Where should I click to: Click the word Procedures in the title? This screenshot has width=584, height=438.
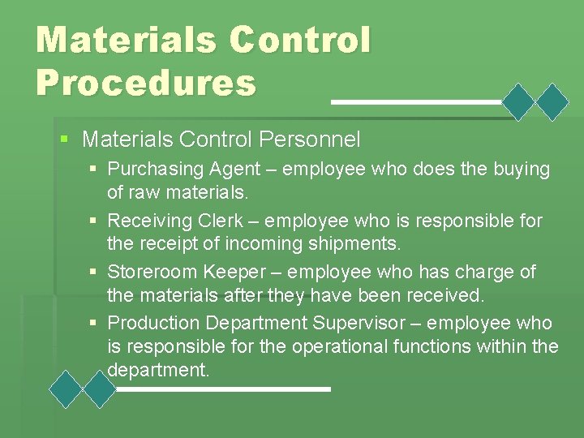click(x=146, y=83)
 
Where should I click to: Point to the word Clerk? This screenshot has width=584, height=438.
click(x=238, y=221)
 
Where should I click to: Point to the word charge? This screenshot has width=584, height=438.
click(x=474, y=272)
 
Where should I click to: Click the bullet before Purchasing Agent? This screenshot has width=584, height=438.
click(x=95, y=170)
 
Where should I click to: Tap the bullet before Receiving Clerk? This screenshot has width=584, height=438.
click(x=95, y=221)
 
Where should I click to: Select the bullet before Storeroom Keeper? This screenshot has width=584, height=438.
click(x=95, y=272)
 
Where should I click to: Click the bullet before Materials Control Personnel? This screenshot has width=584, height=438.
click(x=65, y=139)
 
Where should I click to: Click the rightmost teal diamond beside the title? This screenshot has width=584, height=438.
click(x=554, y=102)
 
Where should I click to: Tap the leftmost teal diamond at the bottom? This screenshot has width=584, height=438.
click(x=66, y=389)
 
